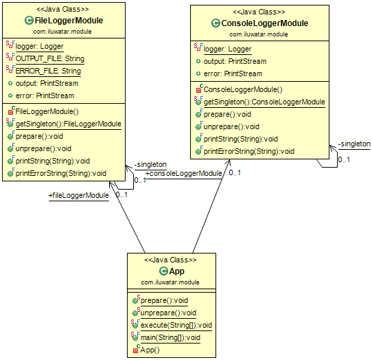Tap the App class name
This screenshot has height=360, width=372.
176,271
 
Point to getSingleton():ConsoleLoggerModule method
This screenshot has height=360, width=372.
264,102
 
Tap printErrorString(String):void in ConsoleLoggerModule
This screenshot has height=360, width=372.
248,151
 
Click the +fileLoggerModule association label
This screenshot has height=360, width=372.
78,196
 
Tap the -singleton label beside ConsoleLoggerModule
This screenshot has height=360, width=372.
354,144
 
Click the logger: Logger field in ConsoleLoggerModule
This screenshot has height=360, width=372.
228,49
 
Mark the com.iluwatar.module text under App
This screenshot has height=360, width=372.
170,282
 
